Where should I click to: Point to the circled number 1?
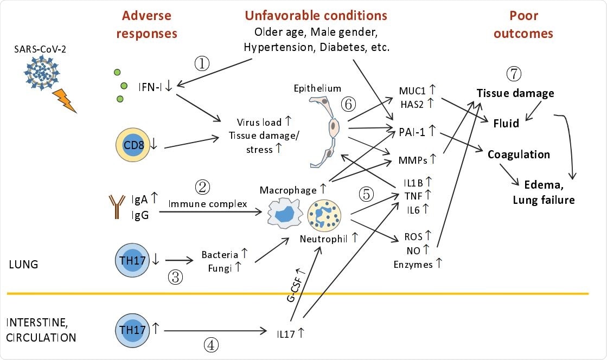coord(202,64)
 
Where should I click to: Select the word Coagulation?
coord(519,155)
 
